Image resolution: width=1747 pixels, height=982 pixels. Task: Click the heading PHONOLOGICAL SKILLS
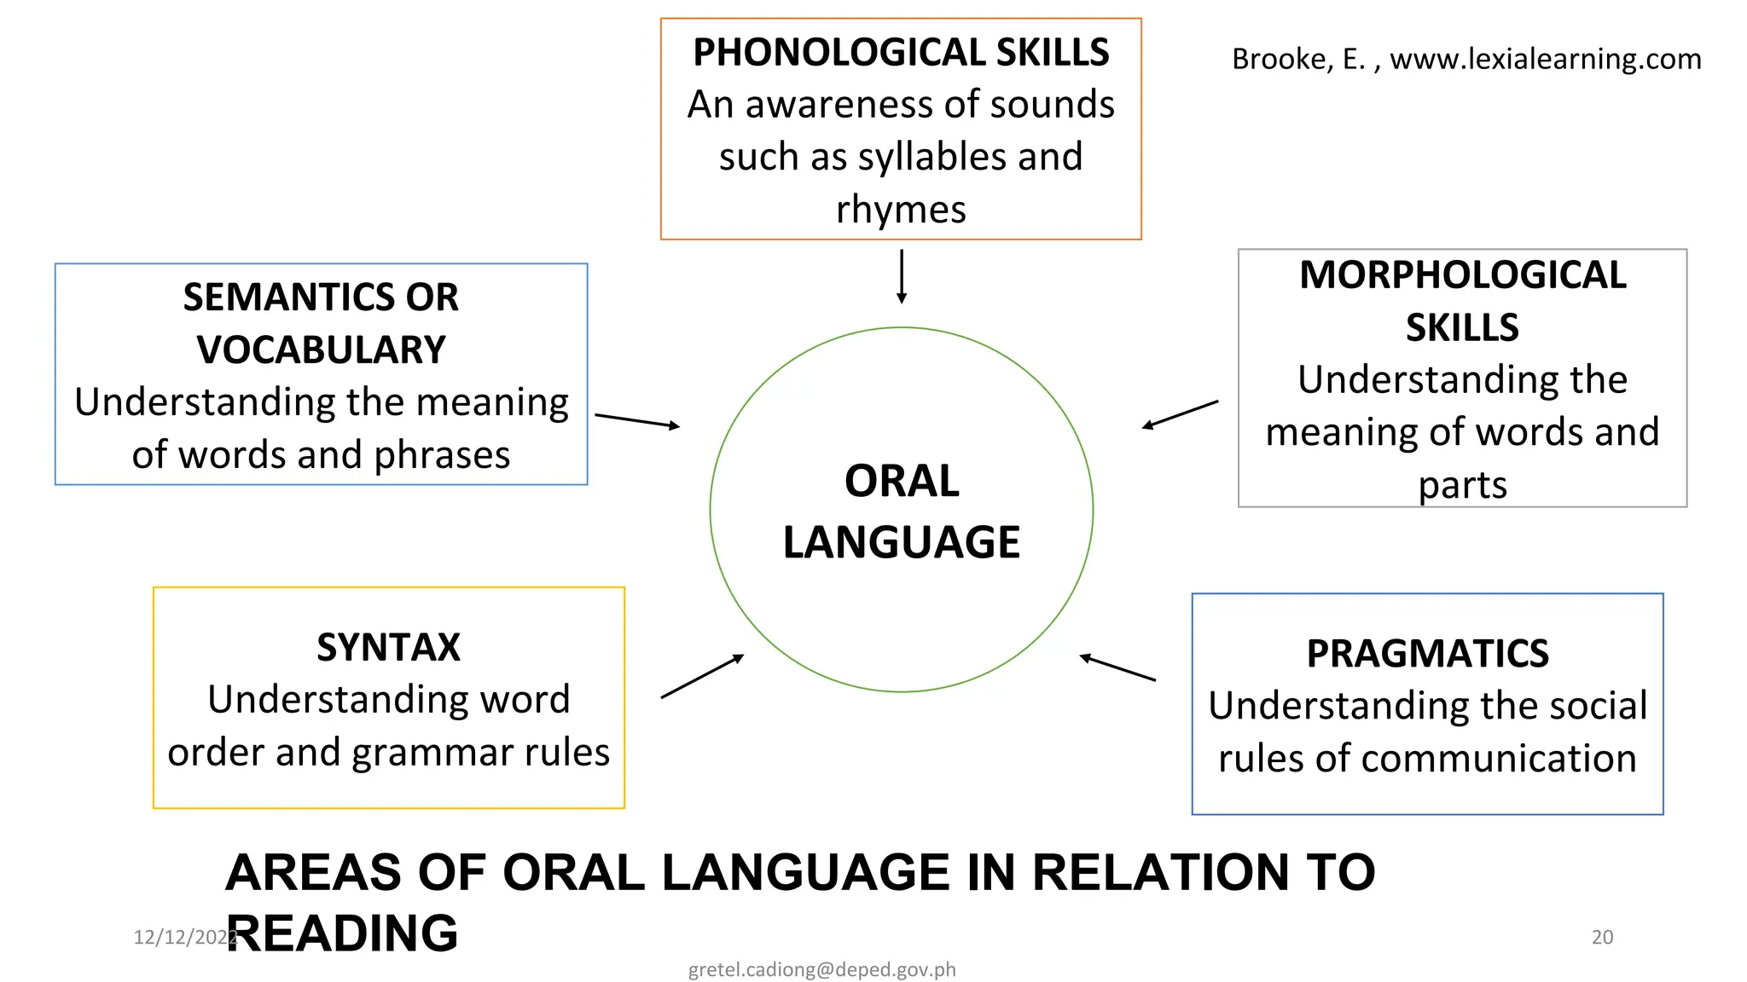click(901, 53)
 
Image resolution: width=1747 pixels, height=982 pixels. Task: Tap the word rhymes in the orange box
click(901, 210)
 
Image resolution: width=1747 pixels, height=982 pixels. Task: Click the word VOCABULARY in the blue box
click(321, 350)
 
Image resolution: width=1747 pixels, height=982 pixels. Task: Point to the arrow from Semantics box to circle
click(636, 420)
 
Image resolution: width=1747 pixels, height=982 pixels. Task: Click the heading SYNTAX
click(388, 648)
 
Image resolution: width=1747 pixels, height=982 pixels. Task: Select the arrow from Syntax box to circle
click(702, 677)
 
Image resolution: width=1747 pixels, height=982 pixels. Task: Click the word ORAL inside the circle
click(902, 482)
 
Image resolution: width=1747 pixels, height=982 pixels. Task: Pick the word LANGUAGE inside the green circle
click(902, 543)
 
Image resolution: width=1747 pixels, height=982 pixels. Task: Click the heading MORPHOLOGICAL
click(1462, 275)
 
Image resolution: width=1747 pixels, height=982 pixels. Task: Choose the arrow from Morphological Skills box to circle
click(1180, 414)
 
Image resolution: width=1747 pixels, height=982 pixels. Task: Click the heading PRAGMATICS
click(1427, 654)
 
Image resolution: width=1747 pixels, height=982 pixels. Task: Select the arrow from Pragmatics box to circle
click(1117, 667)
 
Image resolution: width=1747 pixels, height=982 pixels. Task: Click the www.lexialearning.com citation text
click(1545, 60)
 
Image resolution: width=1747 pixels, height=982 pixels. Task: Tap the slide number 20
click(1602, 937)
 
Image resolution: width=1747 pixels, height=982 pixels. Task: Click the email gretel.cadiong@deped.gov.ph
click(821, 969)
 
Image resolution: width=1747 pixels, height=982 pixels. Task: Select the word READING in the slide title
click(342, 933)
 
